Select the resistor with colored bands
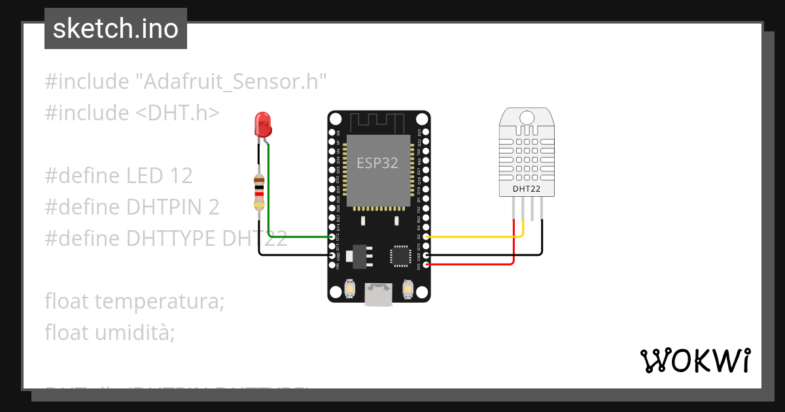(260, 193)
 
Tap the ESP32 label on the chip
(377, 163)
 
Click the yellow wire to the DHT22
(471, 237)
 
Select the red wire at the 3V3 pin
(471, 264)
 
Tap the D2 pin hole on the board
(427, 237)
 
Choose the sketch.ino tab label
(116, 29)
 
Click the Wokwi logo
(695, 360)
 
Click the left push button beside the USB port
(350, 289)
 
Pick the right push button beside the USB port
(408, 289)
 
